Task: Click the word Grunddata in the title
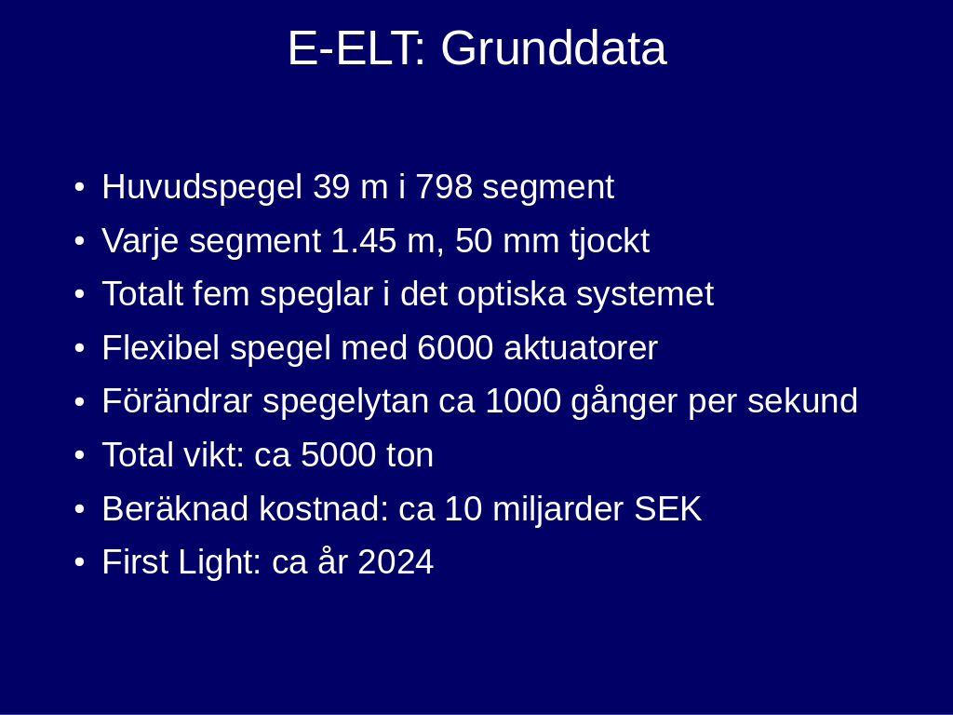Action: click(554, 48)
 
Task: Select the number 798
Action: click(444, 186)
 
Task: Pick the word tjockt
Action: click(610, 242)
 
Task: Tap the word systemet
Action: click(645, 295)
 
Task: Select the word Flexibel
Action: click(161, 348)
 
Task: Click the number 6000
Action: click(456, 348)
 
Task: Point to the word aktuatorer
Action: click(581, 348)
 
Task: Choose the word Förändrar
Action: click(177, 401)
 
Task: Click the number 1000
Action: click(523, 401)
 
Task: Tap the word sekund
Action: click(802, 401)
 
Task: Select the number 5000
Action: click(339, 455)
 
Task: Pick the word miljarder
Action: click(558, 509)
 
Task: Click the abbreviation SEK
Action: click(668, 509)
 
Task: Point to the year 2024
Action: click(396, 562)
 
